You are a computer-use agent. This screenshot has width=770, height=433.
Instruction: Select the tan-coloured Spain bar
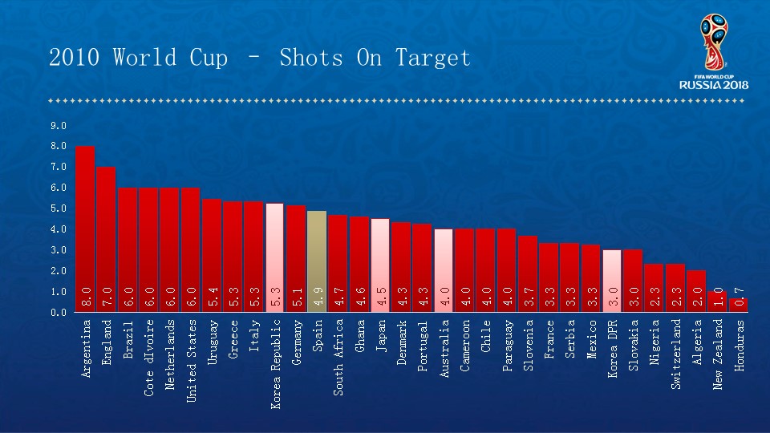coord(317,261)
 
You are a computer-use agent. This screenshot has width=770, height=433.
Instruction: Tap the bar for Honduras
coord(738,306)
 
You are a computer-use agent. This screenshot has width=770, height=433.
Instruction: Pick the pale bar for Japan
coord(380,265)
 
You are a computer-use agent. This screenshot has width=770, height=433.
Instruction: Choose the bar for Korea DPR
coord(611,281)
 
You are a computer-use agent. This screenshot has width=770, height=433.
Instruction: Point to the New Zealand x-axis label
coord(718,354)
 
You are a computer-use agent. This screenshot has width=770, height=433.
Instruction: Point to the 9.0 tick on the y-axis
coord(58,126)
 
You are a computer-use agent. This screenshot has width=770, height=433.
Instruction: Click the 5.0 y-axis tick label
coord(58,208)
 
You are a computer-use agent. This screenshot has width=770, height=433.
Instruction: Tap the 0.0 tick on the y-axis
coord(58,313)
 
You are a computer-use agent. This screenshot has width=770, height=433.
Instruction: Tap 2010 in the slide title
coord(75,58)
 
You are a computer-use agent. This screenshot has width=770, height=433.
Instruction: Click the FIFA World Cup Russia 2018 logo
coord(713,51)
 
